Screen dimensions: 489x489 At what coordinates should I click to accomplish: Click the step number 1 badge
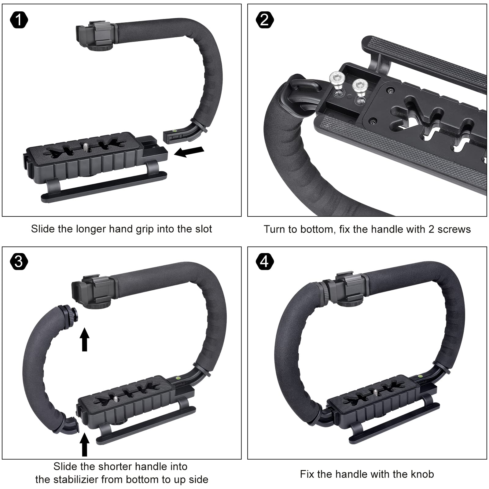[x=19, y=20]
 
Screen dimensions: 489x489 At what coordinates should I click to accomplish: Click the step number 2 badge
[x=265, y=20]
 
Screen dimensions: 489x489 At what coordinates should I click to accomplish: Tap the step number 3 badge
[x=19, y=262]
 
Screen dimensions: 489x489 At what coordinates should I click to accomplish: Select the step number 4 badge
[x=265, y=262]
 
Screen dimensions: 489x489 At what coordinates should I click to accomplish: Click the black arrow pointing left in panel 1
[x=189, y=152]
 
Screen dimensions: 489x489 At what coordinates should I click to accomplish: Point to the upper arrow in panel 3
[x=85, y=339]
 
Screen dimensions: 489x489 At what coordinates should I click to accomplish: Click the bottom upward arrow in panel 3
[x=85, y=445]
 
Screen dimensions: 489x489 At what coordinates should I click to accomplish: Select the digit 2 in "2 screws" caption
[x=432, y=229]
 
